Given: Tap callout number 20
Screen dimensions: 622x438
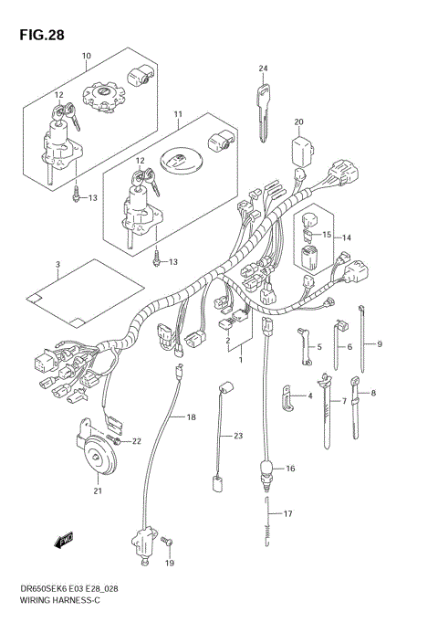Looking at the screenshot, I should click(297, 121).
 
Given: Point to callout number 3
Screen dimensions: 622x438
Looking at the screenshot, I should click(57, 265).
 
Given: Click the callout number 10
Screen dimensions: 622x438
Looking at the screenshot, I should click(86, 56).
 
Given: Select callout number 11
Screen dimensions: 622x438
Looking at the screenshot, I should click(178, 115).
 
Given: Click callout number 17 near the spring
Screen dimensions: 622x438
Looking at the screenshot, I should click(288, 514).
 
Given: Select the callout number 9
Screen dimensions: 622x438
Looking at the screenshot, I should click(379, 343).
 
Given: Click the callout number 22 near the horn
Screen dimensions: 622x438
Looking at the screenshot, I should click(138, 442).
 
